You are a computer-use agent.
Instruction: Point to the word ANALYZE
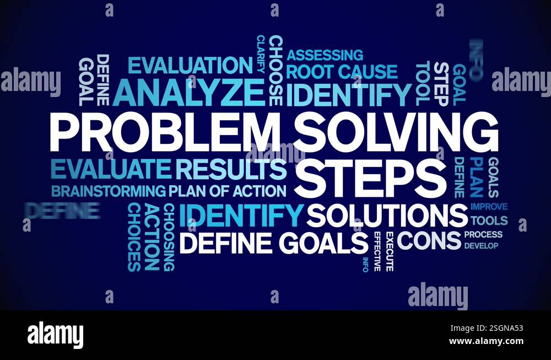pyautogui.click(x=188, y=93)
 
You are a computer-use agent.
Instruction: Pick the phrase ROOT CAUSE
pyautogui.click(x=342, y=72)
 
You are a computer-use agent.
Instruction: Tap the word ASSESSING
pyautogui.click(x=325, y=55)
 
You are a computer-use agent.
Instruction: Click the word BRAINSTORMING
pyautogui.click(x=108, y=191)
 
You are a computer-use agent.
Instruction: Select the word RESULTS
pyautogui.click(x=231, y=169)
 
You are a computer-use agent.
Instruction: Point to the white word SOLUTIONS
pyautogui.click(x=387, y=216)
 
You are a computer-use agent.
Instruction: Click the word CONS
pyautogui.click(x=429, y=240)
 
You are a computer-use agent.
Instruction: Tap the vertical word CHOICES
pyautogui.click(x=134, y=237)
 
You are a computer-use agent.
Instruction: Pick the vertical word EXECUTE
pyautogui.click(x=390, y=251)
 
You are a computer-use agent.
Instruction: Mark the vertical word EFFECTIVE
pyautogui.click(x=377, y=251)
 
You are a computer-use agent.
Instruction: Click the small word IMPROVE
pyautogui.click(x=489, y=207)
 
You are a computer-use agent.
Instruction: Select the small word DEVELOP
pyautogui.click(x=480, y=245)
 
